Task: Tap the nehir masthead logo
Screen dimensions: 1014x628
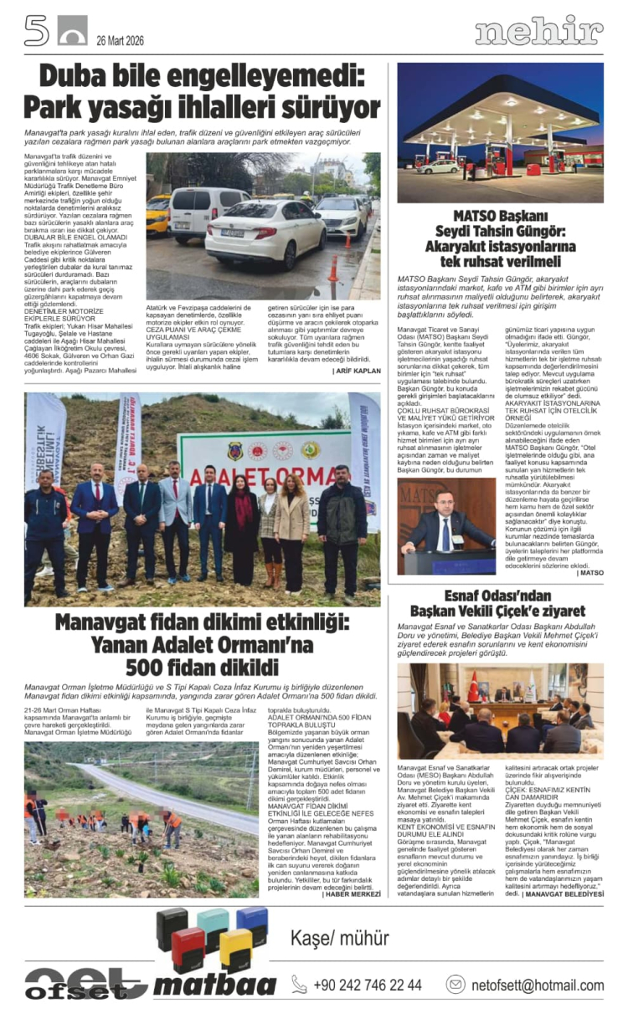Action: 538,32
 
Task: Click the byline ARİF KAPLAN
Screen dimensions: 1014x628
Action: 358,370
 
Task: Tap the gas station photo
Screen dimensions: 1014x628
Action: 500,131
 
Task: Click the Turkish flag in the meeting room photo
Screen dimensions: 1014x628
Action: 474,685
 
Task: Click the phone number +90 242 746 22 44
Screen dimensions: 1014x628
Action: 367,985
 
